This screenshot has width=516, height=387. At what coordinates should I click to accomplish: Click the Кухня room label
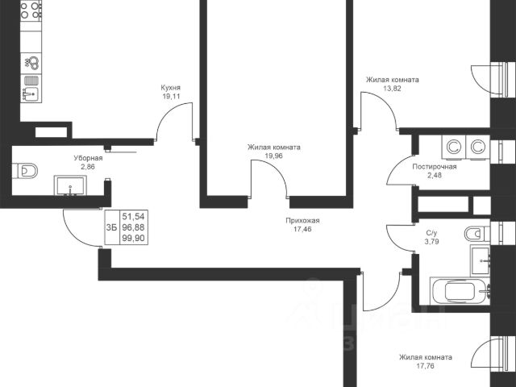coord(170,88)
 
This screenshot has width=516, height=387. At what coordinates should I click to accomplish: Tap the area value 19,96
coord(274,156)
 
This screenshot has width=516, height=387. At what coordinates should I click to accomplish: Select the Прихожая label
coord(302,220)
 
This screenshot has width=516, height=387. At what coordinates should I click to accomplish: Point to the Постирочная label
coord(435,167)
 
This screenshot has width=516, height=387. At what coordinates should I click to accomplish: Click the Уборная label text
coord(88,158)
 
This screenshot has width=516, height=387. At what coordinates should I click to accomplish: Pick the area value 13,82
coord(393,88)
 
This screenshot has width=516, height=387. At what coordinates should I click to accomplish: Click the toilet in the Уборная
coord(25,171)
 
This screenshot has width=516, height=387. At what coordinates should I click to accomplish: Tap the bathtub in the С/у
coord(460,291)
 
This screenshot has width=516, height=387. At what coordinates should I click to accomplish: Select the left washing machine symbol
coord(453,148)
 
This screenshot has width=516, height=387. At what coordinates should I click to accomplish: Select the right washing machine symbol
coord(478,148)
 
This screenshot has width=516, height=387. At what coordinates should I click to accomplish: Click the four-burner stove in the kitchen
coord(31,10)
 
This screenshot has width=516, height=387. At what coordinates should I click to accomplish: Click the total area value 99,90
coord(133,239)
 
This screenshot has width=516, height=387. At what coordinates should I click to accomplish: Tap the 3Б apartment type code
coord(111,227)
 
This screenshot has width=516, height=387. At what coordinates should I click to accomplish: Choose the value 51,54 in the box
coord(133,217)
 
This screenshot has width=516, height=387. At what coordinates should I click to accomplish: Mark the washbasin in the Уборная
coord(70,185)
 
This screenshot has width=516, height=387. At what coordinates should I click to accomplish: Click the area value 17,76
coord(425,366)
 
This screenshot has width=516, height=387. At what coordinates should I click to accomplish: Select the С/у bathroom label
coord(432,233)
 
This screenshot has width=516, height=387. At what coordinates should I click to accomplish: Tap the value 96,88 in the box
coord(133,227)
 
